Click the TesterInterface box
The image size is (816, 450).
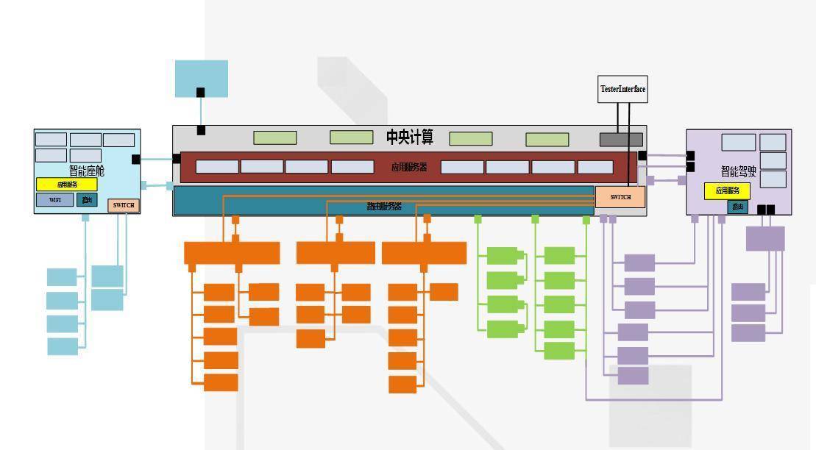click(622, 89)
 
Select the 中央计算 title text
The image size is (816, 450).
click(410, 137)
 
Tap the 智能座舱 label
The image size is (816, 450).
click(87, 171)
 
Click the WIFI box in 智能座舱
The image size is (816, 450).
click(55, 200)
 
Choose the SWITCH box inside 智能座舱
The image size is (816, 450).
click(124, 205)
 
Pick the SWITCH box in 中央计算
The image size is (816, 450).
click(620, 197)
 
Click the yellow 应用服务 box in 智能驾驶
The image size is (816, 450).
click(727, 191)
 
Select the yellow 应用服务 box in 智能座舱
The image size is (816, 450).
click(67, 185)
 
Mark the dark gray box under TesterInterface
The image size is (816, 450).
click(621, 140)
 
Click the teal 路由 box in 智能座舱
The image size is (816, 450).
click(87, 200)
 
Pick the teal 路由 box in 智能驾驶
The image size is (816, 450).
click(737, 207)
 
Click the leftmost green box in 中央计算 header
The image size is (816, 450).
click(275, 137)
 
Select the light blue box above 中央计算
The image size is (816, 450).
click(202, 79)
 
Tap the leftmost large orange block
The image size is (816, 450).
click(232, 253)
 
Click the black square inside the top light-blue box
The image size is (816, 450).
click(200, 92)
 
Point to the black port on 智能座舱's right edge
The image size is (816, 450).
click(136, 159)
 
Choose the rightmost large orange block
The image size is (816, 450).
click(424, 253)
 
